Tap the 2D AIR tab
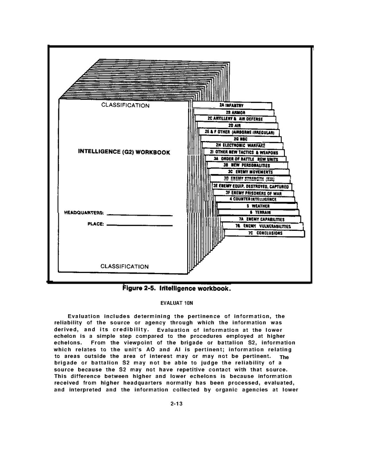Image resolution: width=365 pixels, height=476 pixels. click(237, 126)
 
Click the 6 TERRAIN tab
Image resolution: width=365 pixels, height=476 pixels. click(260, 213)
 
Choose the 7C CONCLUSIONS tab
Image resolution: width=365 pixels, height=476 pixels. click(265, 233)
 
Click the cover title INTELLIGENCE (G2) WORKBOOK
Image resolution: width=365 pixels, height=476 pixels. click(124, 152)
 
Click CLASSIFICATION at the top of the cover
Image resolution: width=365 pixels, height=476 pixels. click(125, 105)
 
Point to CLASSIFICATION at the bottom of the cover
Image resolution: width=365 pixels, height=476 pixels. click(125, 266)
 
